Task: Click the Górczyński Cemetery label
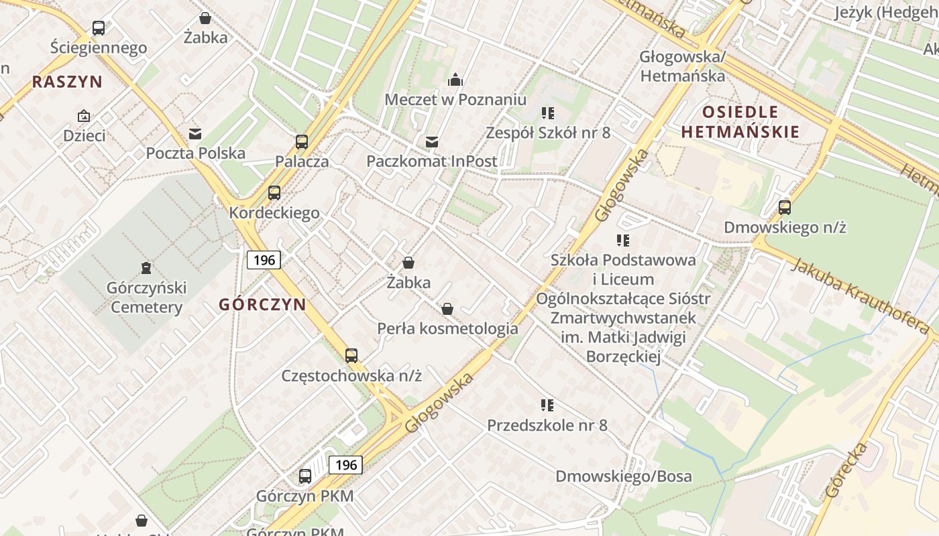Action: tap(146, 297)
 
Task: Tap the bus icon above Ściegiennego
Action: tap(99, 28)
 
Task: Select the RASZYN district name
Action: tap(67, 82)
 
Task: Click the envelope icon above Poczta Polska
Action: tap(195, 134)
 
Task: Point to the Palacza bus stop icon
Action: tap(302, 142)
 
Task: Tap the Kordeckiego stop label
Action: tap(274, 213)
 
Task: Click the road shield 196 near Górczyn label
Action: tap(264, 259)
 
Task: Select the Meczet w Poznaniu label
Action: tap(455, 99)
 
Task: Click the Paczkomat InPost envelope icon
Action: tap(432, 142)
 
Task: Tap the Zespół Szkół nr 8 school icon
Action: tap(547, 113)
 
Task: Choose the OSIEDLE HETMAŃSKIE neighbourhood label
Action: tap(740, 121)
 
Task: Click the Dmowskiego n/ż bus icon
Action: tap(785, 208)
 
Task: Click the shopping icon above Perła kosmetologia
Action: tap(447, 309)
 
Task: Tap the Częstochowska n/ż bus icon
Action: tap(351, 356)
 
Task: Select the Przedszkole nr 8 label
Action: tap(547, 425)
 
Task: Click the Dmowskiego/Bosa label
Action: tap(623, 476)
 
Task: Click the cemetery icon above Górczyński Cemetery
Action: tap(146, 268)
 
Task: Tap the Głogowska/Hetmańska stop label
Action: tap(683, 66)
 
